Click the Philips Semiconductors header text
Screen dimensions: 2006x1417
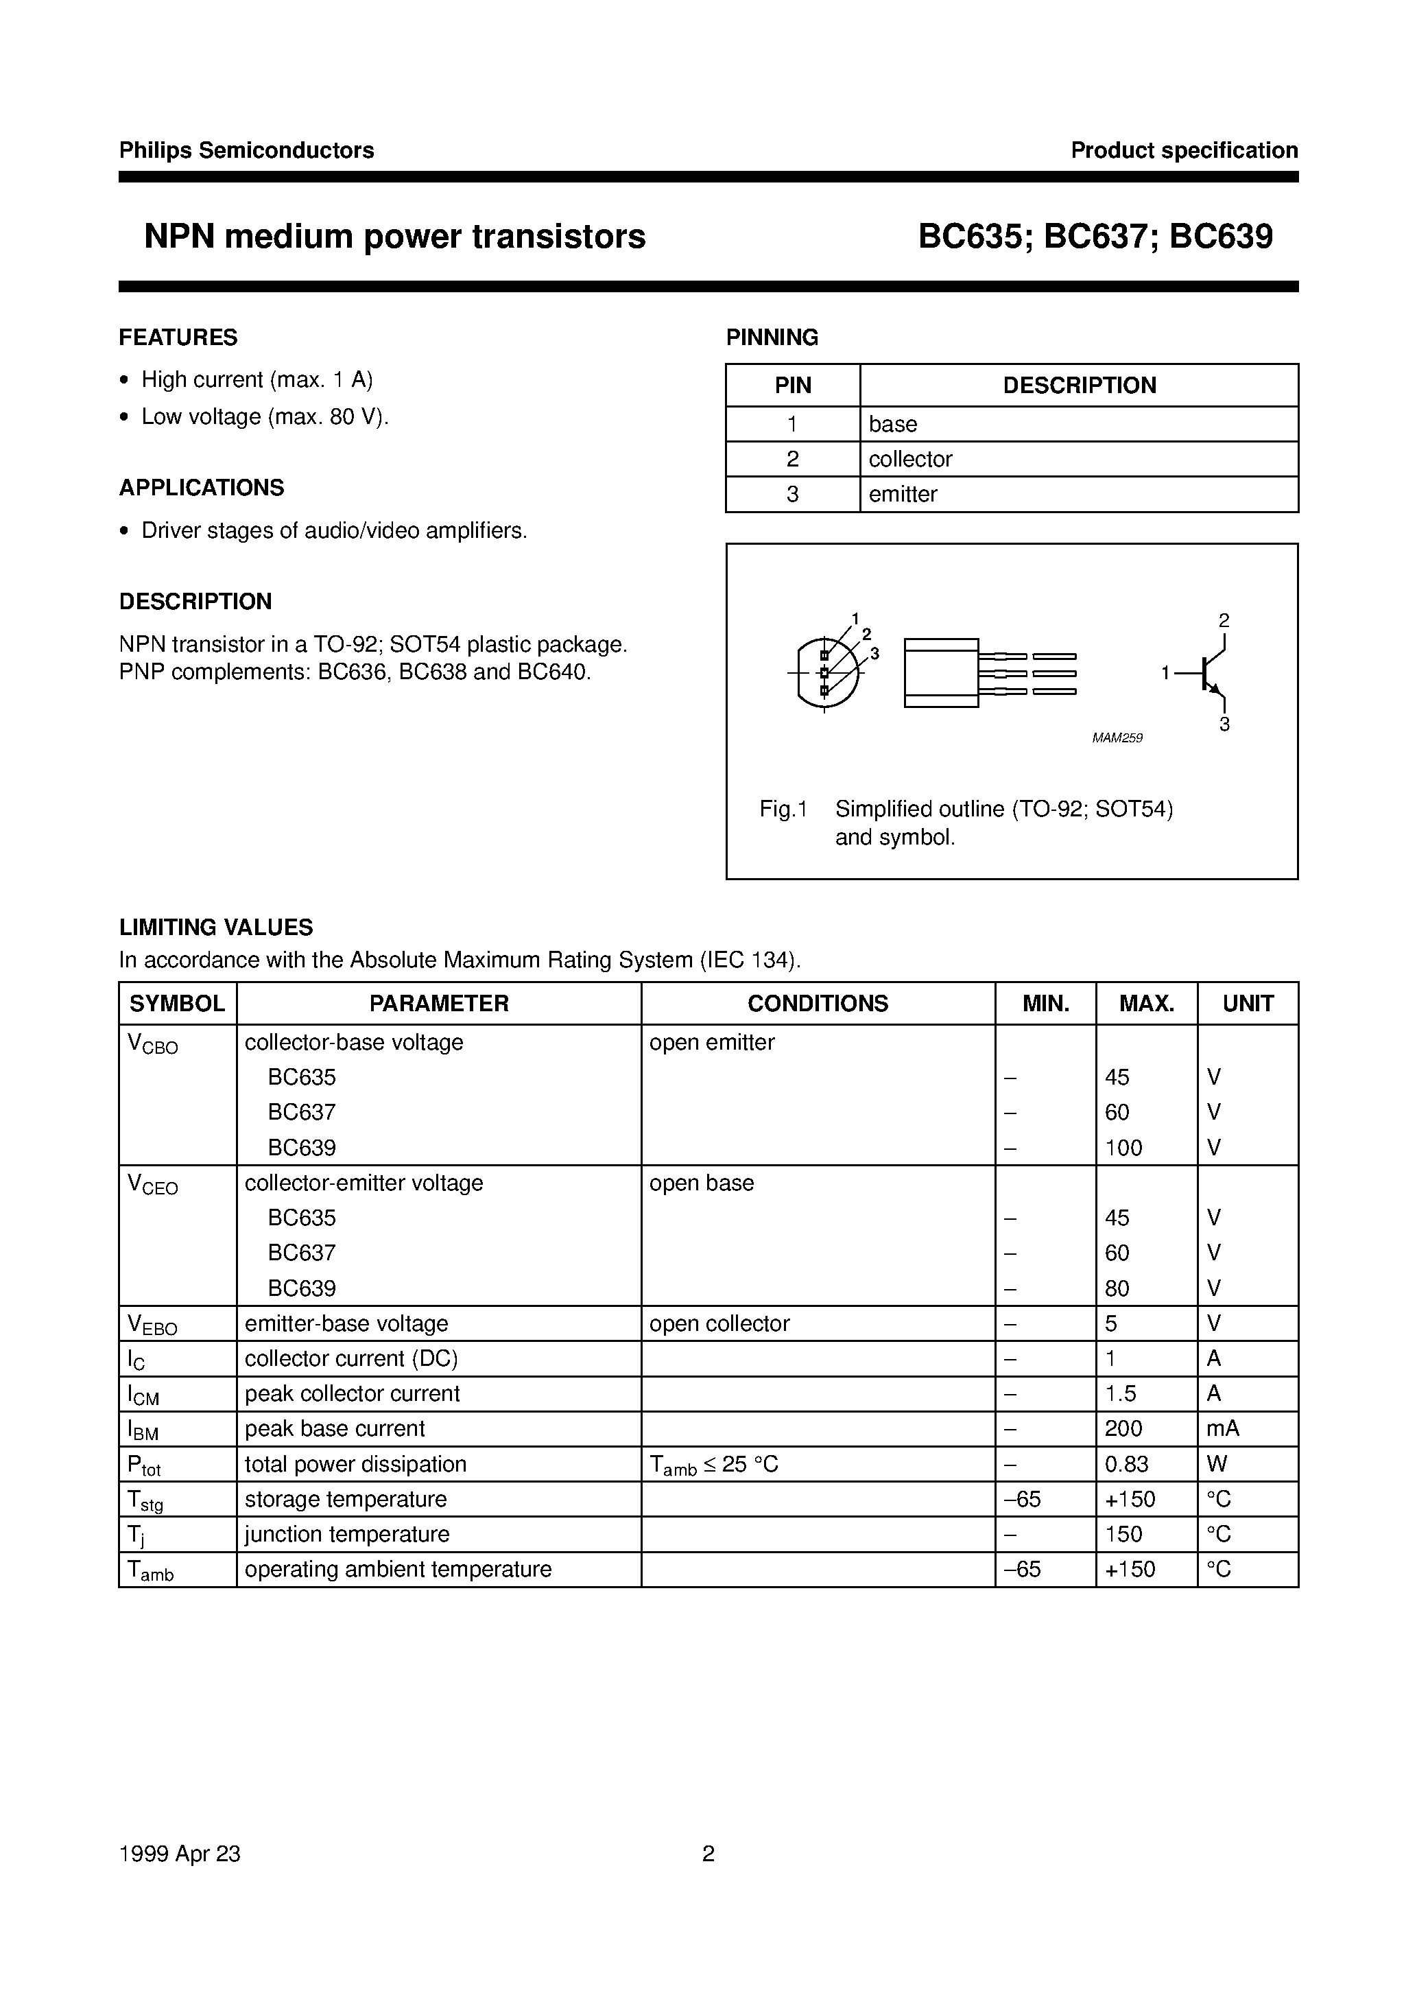pos(246,150)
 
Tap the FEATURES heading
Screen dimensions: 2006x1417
pos(178,338)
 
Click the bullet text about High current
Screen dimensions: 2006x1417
pos(257,379)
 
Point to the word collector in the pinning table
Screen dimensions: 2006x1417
pos(909,459)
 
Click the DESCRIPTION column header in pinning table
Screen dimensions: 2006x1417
pos(1078,386)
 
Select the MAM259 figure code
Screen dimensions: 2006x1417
pos(1117,738)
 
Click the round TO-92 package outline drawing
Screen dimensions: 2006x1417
pos(827,673)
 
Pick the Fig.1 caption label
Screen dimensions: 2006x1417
pos(783,809)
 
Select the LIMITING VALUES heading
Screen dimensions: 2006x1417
pos(216,927)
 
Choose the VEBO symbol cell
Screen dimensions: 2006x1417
pos(152,1325)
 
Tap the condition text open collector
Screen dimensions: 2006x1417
pos(719,1323)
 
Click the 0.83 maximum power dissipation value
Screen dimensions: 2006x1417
pos(1126,1464)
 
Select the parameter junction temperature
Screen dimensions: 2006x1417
pos(347,1534)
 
